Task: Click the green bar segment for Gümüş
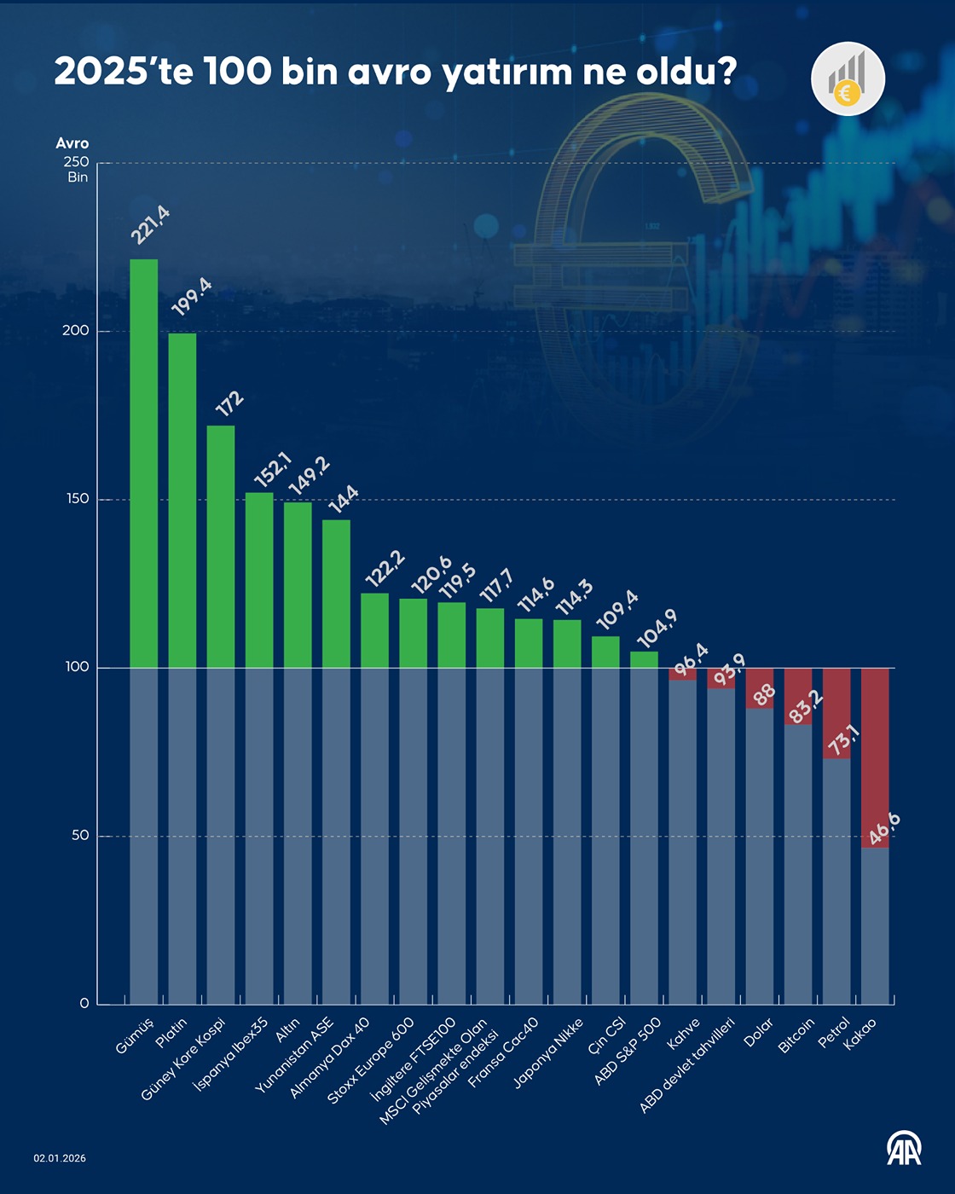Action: click(143, 463)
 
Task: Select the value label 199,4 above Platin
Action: click(192, 297)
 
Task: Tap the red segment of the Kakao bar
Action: click(875, 757)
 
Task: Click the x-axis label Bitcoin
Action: click(797, 1035)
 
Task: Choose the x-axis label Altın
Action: click(288, 1030)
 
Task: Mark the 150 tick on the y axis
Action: click(78, 499)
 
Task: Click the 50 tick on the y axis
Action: click(80, 835)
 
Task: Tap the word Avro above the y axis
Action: click(72, 143)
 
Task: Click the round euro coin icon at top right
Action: click(848, 78)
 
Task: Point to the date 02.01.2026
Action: click(60, 1158)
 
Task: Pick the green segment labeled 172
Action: click(221, 546)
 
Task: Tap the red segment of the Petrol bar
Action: click(836, 713)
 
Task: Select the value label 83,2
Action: click(806, 707)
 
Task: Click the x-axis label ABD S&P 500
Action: click(628, 1052)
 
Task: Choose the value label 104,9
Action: click(657, 629)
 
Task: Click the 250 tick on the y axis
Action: click(76, 162)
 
